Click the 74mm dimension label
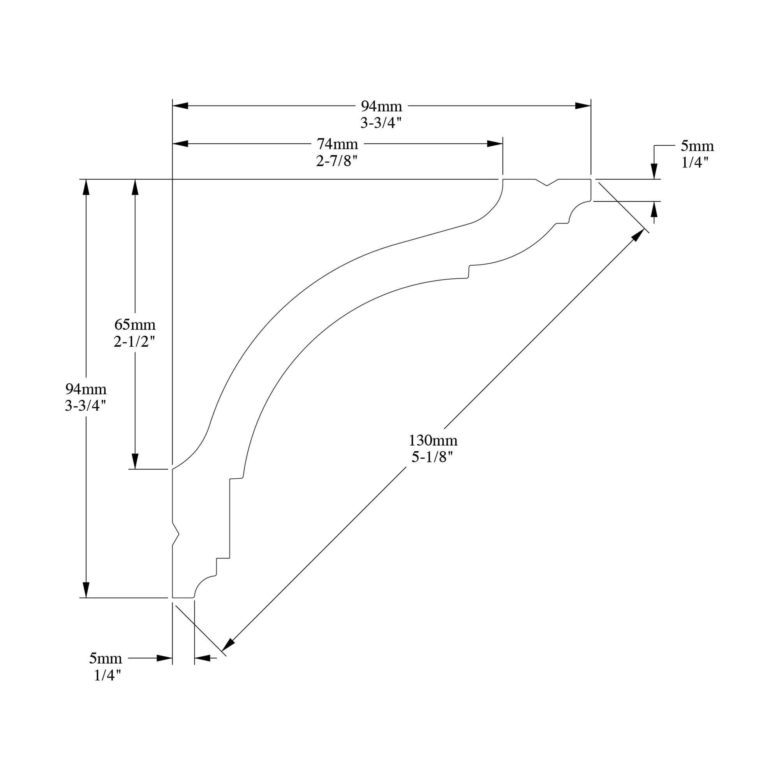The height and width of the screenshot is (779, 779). (337, 144)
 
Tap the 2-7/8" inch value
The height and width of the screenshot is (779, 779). (337, 161)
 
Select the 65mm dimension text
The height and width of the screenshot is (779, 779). (135, 324)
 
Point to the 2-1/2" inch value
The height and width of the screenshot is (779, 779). (134, 342)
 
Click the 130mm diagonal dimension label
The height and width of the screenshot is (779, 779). (433, 440)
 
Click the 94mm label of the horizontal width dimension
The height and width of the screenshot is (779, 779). (381, 106)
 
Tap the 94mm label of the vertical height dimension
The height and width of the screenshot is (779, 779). (86, 389)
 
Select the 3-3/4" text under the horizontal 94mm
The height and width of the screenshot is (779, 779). (381, 123)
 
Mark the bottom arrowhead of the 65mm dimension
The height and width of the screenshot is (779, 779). (135, 461)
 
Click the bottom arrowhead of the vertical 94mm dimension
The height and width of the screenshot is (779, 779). (86, 589)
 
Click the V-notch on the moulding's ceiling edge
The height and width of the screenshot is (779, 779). (547, 183)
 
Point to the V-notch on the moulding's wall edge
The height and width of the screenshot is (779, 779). (176, 534)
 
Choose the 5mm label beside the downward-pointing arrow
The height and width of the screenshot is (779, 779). (697, 146)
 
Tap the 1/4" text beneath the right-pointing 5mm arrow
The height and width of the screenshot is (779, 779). (108, 675)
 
